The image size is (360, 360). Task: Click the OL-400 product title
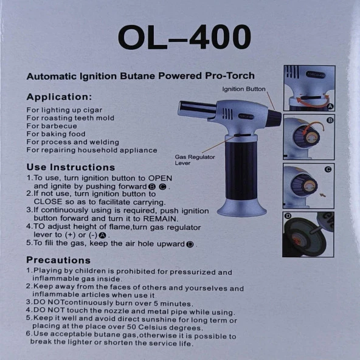(x=184, y=38)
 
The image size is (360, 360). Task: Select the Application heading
(x=59, y=97)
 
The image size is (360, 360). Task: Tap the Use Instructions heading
(x=71, y=167)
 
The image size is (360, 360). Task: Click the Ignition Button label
(x=244, y=89)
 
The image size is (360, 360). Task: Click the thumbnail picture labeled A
(x=308, y=88)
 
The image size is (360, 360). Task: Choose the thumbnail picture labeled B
(x=308, y=137)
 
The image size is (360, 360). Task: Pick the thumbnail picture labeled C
(x=308, y=185)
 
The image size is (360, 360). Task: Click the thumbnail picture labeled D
(x=308, y=234)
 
